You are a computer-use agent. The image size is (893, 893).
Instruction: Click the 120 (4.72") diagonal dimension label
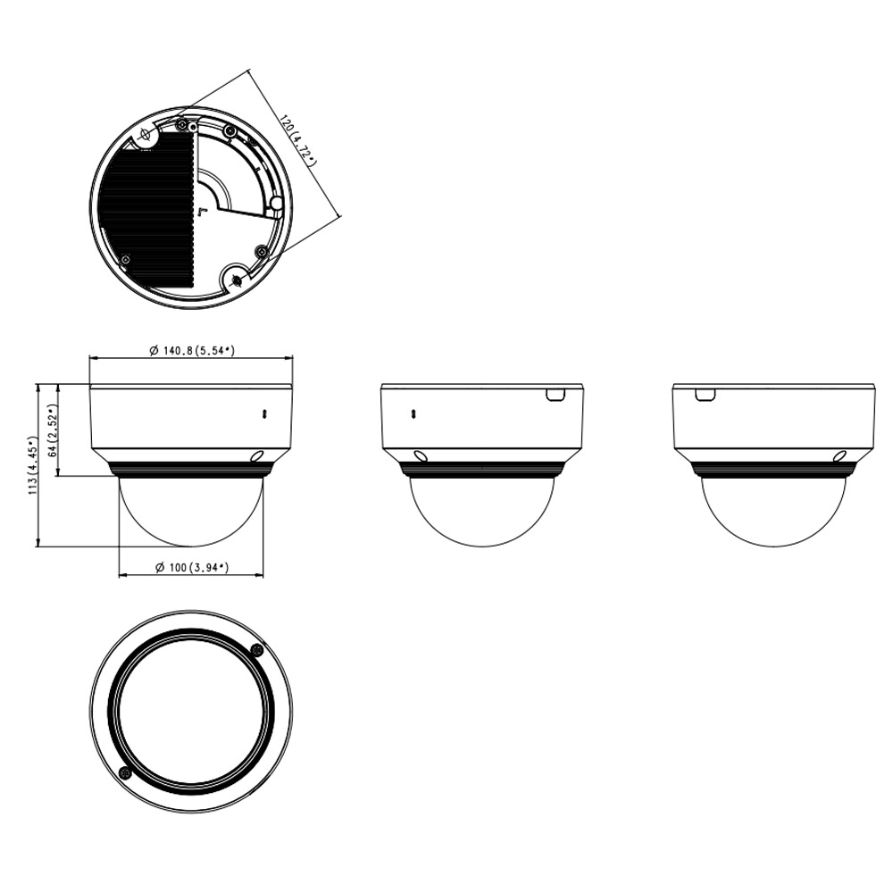[x=296, y=139]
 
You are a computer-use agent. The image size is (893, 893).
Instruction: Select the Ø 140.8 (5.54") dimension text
[x=192, y=350]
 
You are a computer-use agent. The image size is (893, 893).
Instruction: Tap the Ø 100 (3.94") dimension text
[x=192, y=567]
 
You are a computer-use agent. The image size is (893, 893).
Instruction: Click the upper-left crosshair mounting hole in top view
[x=146, y=135]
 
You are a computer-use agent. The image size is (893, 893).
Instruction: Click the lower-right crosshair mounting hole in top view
[x=236, y=279]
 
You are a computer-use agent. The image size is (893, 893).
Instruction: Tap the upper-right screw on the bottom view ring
[x=257, y=650]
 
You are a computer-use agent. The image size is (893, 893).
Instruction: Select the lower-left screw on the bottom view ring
[x=125, y=772]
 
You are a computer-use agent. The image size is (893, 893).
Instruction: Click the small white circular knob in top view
[x=276, y=204]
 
